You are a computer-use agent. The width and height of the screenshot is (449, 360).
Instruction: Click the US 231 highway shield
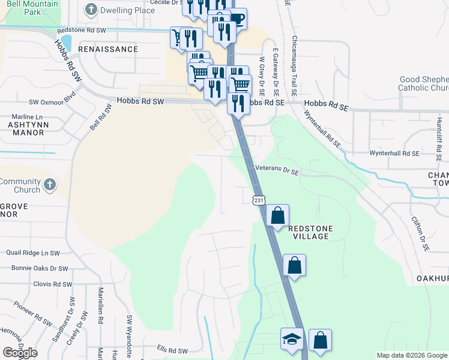tap(258, 200)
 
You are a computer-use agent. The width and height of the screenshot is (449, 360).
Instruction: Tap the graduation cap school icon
tap(291, 340)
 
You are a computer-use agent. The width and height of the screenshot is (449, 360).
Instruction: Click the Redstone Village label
tap(309, 232)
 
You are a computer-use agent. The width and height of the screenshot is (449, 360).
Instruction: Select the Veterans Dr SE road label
tap(276, 170)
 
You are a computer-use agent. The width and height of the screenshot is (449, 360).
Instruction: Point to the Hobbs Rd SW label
tap(140, 102)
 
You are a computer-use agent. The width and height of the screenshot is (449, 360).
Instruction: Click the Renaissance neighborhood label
tap(108, 49)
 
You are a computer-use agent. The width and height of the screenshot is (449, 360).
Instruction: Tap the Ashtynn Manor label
tap(26, 128)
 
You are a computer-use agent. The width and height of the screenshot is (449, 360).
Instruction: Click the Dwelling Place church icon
tap(91, 9)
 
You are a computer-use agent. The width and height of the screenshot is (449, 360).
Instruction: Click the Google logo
tap(20, 353)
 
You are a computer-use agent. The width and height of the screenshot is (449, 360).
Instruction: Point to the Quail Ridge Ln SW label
tap(34, 253)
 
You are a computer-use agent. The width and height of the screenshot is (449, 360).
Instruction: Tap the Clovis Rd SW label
tap(53, 284)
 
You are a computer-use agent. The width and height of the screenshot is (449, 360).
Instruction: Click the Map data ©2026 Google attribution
tap(411, 355)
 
